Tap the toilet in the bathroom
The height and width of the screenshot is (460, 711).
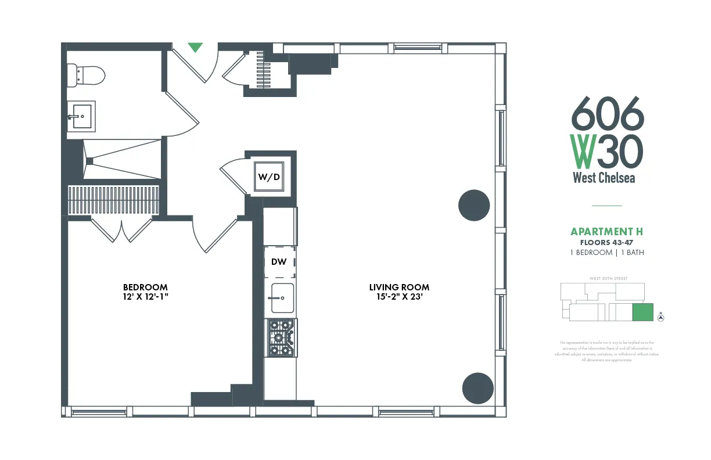coord(87,75)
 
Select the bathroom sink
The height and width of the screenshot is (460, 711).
coord(81,116)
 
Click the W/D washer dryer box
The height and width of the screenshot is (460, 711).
coord(269,177)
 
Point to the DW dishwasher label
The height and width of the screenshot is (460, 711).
coord(279,262)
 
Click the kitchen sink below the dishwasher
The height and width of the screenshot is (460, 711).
coord(279,298)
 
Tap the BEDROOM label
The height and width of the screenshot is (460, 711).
coord(145,287)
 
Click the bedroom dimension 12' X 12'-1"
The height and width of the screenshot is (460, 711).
coord(145,297)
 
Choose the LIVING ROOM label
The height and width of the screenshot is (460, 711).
coord(399,287)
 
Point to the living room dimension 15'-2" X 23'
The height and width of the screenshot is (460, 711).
coord(399,297)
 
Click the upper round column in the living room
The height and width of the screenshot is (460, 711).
coord(474,205)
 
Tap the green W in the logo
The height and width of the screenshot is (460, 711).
coord(583,151)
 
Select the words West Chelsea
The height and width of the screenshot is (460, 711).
coord(604,178)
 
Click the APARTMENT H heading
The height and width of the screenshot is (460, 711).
coord(606,232)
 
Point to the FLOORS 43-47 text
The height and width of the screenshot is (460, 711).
coord(606,242)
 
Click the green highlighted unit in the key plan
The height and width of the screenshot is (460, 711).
coord(642,312)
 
